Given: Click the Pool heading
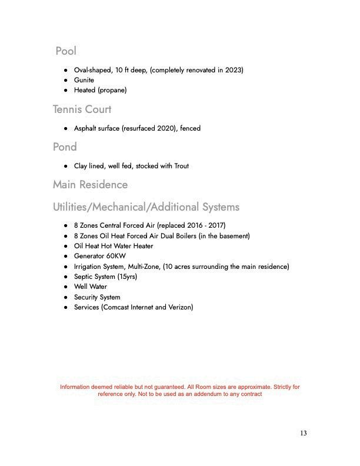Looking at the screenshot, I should coord(66,51).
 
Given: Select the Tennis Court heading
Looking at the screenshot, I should coord(82,109).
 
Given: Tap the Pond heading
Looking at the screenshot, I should coord(65,147).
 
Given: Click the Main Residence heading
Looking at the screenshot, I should coord(90,185).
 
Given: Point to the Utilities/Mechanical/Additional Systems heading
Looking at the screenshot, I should coord(146,207).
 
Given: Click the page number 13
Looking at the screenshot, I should coord(303,434).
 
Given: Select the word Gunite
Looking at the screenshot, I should coord(84,80).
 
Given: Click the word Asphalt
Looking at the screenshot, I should coord(86,128).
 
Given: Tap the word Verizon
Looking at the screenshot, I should coord(179,307).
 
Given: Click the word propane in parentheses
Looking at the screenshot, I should coord(112,90).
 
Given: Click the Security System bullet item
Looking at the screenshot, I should coord(96,297).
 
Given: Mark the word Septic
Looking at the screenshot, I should coord(84,277).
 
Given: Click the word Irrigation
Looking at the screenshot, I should coord(88,267).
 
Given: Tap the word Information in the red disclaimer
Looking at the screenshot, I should coord(77,387).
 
